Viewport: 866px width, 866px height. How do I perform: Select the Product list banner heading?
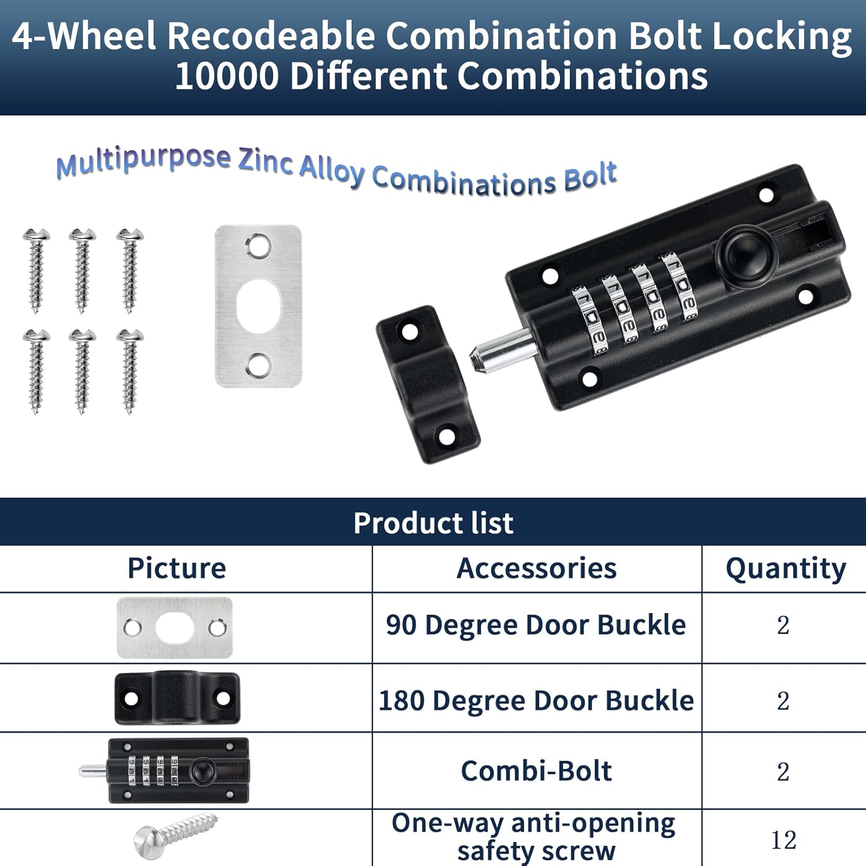(x=433, y=522)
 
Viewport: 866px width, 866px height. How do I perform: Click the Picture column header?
(x=177, y=568)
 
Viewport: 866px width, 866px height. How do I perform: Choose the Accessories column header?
(x=536, y=568)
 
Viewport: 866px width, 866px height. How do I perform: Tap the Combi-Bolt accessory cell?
(x=536, y=771)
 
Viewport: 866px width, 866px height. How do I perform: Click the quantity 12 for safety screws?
(x=783, y=841)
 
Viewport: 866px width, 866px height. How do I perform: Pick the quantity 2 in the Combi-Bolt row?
(x=783, y=772)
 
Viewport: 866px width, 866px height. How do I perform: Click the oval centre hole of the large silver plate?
(x=259, y=307)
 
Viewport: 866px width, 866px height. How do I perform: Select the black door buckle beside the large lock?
(x=428, y=384)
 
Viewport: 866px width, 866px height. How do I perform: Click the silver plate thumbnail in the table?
(x=175, y=628)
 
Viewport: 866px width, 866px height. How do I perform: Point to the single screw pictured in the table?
(x=176, y=835)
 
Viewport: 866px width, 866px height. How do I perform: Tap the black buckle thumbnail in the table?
(x=177, y=698)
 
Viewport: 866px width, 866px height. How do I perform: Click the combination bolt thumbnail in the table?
(x=165, y=771)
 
